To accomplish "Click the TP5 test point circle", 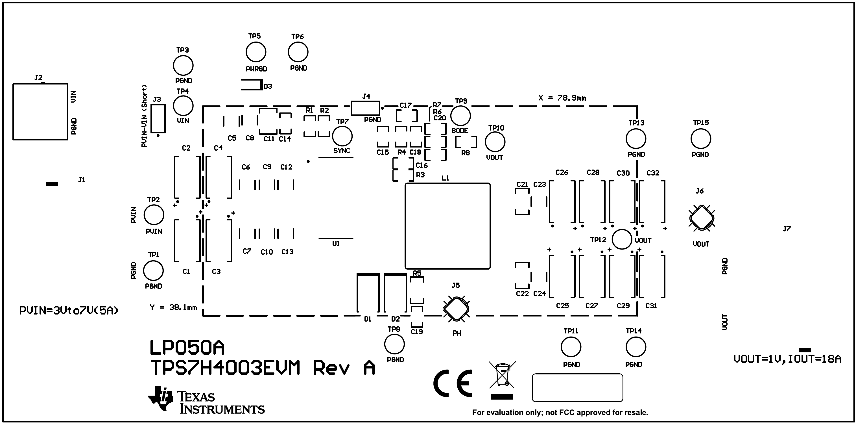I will [x=256, y=52].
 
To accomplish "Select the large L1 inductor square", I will [x=447, y=226].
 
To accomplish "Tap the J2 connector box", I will [x=40, y=112].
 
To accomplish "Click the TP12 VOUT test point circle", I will [x=621, y=239].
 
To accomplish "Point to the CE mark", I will [x=453, y=383].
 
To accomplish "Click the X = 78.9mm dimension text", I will [x=562, y=98].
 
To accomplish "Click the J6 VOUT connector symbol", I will [x=702, y=218].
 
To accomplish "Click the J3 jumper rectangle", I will [x=158, y=119].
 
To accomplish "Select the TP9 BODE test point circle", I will [x=460, y=116].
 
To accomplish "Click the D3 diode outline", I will [x=252, y=85].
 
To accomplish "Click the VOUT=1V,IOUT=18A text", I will [x=787, y=359].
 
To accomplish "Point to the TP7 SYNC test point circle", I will [x=342, y=136].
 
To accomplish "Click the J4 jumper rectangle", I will [x=366, y=108].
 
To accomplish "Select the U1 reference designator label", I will [x=336, y=244].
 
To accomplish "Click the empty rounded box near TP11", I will [x=577, y=388].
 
